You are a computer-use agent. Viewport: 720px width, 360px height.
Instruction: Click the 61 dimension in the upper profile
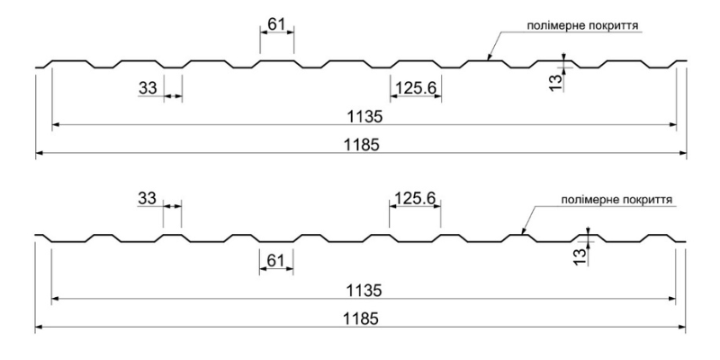tap(276, 24)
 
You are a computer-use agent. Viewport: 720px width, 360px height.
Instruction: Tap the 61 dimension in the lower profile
tap(275, 260)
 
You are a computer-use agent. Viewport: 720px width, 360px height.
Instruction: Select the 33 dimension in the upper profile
tap(148, 87)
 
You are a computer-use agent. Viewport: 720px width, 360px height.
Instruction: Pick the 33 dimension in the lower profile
tap(147, 198)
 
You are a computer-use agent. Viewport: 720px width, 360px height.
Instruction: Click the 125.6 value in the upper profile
tap(416, 87)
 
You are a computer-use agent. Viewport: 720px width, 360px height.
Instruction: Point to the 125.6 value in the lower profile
tap(415, 198)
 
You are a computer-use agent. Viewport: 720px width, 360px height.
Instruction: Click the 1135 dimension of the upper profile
tap(364, 117)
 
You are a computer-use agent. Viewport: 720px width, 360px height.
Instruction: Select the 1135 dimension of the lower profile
tap(364, 291)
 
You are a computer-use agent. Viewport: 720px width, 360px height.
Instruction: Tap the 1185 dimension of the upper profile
tap(362, 145)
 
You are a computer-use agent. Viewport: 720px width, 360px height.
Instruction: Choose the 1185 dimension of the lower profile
tap(362, 319)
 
